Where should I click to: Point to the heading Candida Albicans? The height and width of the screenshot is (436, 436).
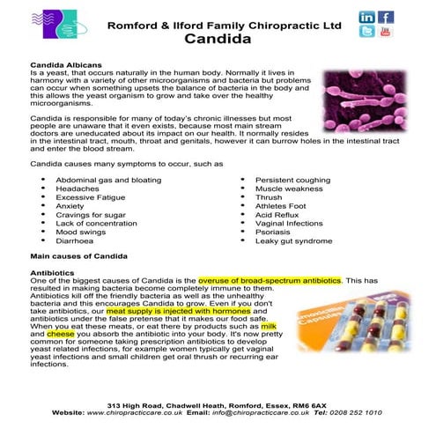click(x=66, y=65)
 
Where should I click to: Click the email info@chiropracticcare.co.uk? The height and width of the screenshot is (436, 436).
click(x=261, y=412)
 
